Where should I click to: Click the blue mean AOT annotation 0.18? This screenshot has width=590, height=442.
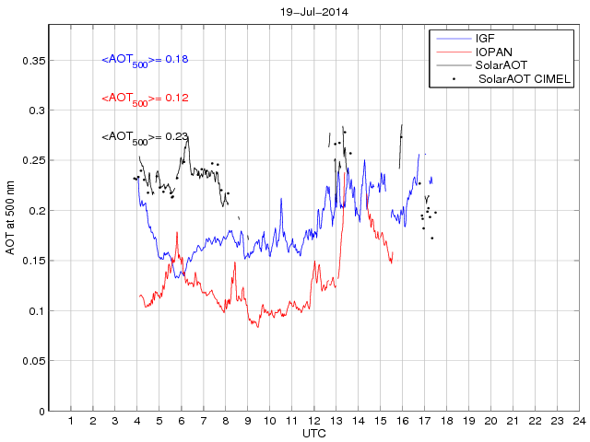coord(145,60)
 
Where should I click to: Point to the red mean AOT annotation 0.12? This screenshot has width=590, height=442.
coord(145,99)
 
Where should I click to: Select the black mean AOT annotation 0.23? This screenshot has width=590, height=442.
coord(145,137)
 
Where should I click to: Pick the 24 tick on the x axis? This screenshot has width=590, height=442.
coord(579,421)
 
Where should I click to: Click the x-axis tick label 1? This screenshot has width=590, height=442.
coord(71,421)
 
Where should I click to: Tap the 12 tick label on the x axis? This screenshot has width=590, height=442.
coord(313,421)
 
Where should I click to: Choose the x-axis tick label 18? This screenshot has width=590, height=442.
coord(446,421)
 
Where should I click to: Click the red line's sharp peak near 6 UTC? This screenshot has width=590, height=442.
coord(176,233)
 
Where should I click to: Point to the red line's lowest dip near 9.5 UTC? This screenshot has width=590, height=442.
coord(258,327)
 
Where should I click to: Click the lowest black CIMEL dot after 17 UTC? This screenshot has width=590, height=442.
coord(431,238)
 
